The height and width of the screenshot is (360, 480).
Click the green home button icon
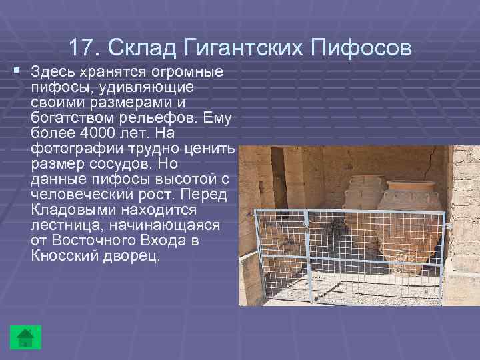[x=25, y=337]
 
